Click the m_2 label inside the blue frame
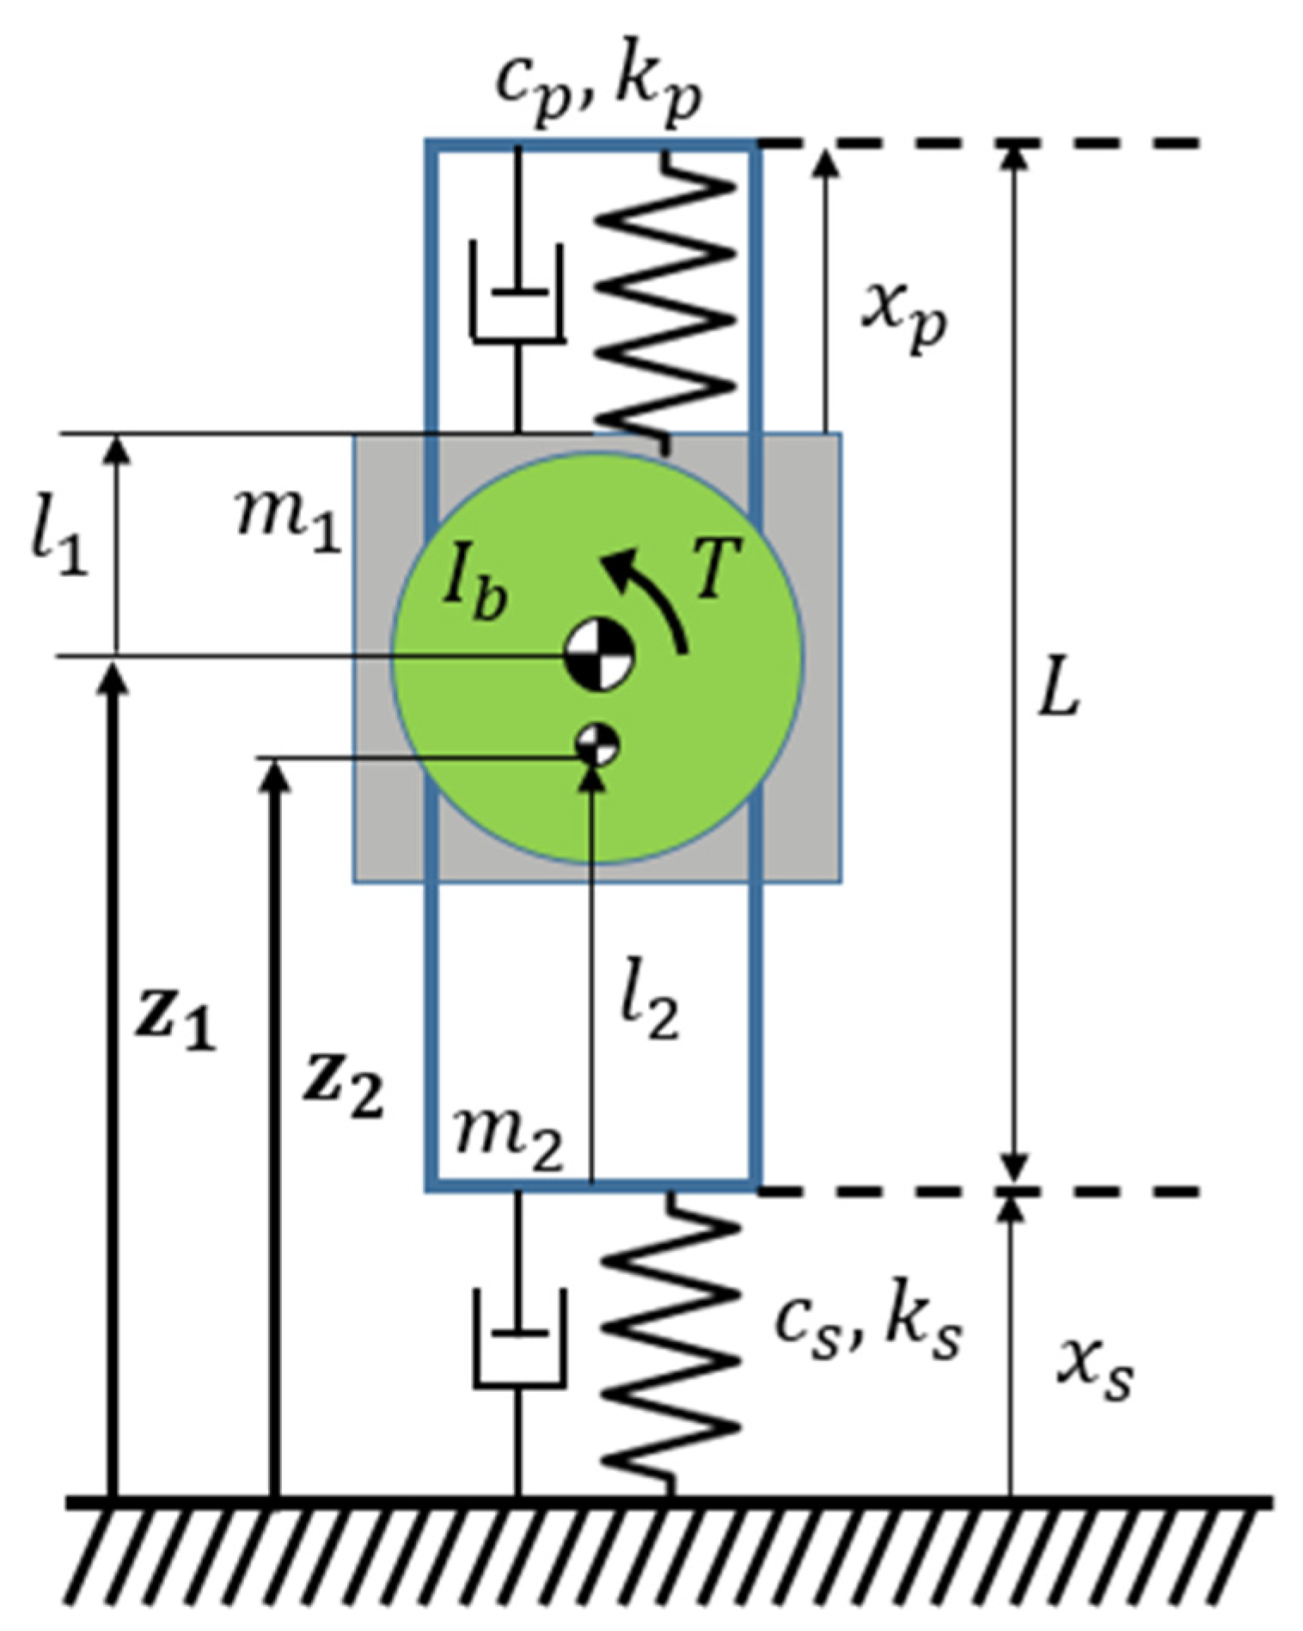click(x=508, y=1137)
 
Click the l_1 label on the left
click(x=58, y=543)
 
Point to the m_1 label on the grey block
click(x=289, y=522)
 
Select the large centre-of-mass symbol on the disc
click(x=599, y=656)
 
